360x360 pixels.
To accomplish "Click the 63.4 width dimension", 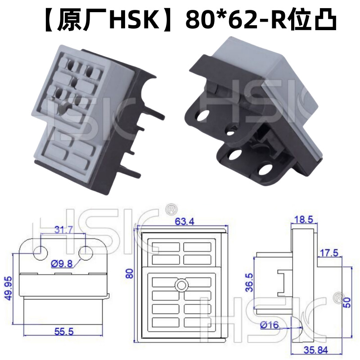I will tap(182, 221).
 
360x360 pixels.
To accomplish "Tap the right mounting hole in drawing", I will tap(85, 253).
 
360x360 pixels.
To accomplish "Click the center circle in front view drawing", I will tap(182, 285).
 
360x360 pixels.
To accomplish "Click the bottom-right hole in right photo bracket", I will tap(266, 170).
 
